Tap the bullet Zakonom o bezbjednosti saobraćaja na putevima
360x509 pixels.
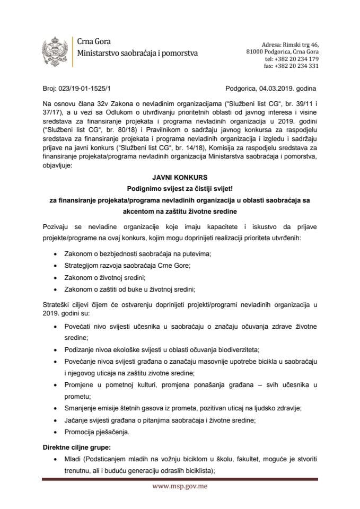point(137,253)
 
